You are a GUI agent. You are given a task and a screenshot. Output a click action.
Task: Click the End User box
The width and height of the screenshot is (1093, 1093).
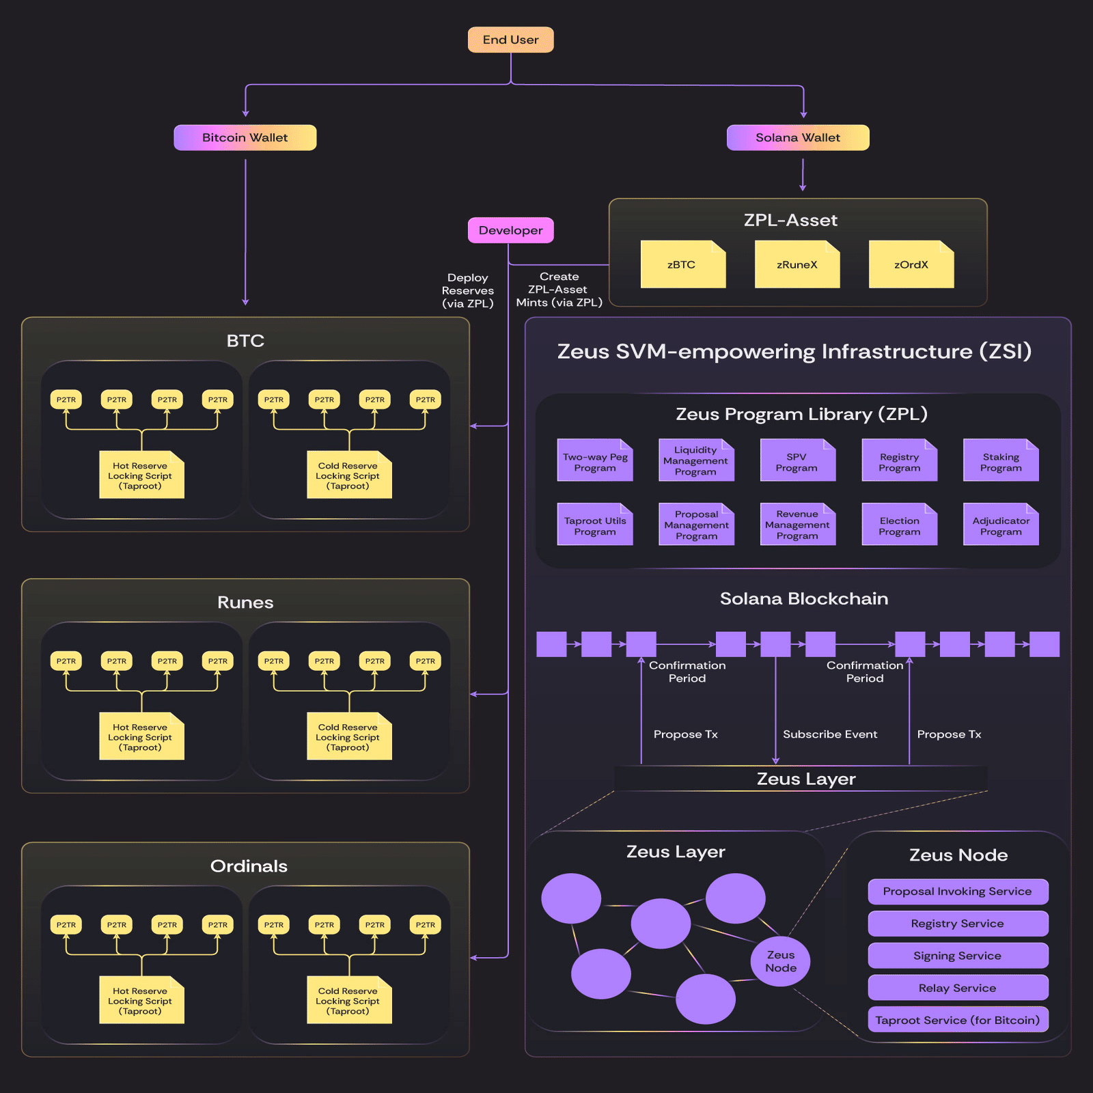(x=510, y=40)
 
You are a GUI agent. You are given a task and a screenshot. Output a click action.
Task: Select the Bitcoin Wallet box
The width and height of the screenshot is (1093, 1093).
(x=245, y=137)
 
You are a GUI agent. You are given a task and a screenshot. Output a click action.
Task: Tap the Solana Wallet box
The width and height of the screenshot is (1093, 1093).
(x=797, y=137)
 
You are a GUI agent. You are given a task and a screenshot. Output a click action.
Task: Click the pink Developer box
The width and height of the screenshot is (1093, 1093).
(x=510, y=230)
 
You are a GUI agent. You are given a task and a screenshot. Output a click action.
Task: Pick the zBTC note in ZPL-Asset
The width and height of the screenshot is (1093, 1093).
(x=682, y=265)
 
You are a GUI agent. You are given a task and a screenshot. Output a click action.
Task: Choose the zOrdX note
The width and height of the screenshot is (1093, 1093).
(x=911, y=265)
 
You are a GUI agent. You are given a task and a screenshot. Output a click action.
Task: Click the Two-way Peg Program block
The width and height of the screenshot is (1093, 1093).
(x=595, y=462)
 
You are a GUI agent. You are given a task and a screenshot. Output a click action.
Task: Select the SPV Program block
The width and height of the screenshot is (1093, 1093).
(x=797, y=462)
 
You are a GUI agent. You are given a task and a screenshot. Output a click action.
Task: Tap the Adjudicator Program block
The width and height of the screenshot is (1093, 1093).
(x=1001, y=525)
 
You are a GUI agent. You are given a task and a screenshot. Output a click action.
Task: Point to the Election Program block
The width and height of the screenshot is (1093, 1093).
(x=899, y=525)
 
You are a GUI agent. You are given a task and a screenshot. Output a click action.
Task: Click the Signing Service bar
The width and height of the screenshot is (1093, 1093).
(x=957, y=956)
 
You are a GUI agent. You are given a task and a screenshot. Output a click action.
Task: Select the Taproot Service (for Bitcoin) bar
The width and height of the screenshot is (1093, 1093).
(x=957, y=1020)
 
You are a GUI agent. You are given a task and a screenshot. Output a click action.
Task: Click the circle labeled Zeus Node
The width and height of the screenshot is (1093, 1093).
(x=780, y=961)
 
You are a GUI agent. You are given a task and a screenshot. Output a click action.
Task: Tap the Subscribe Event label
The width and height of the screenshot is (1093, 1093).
(x=830, y=734)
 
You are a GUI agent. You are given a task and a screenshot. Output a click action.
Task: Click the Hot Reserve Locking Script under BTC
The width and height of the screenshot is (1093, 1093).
(x=141, y=475)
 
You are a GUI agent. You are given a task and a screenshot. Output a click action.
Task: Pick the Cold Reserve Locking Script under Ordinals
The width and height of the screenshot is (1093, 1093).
(x=348, y=1001)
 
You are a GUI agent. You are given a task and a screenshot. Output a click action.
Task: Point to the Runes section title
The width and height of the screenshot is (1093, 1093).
(x=245, y=603)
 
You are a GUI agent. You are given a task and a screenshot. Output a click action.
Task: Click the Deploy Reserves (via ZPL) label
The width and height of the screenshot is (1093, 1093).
(x=467, y=290)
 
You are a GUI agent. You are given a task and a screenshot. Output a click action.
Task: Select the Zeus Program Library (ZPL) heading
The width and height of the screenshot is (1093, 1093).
(x=801, y=414)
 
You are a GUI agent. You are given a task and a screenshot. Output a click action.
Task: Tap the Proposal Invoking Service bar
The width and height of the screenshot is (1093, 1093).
(x=957, y=891)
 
